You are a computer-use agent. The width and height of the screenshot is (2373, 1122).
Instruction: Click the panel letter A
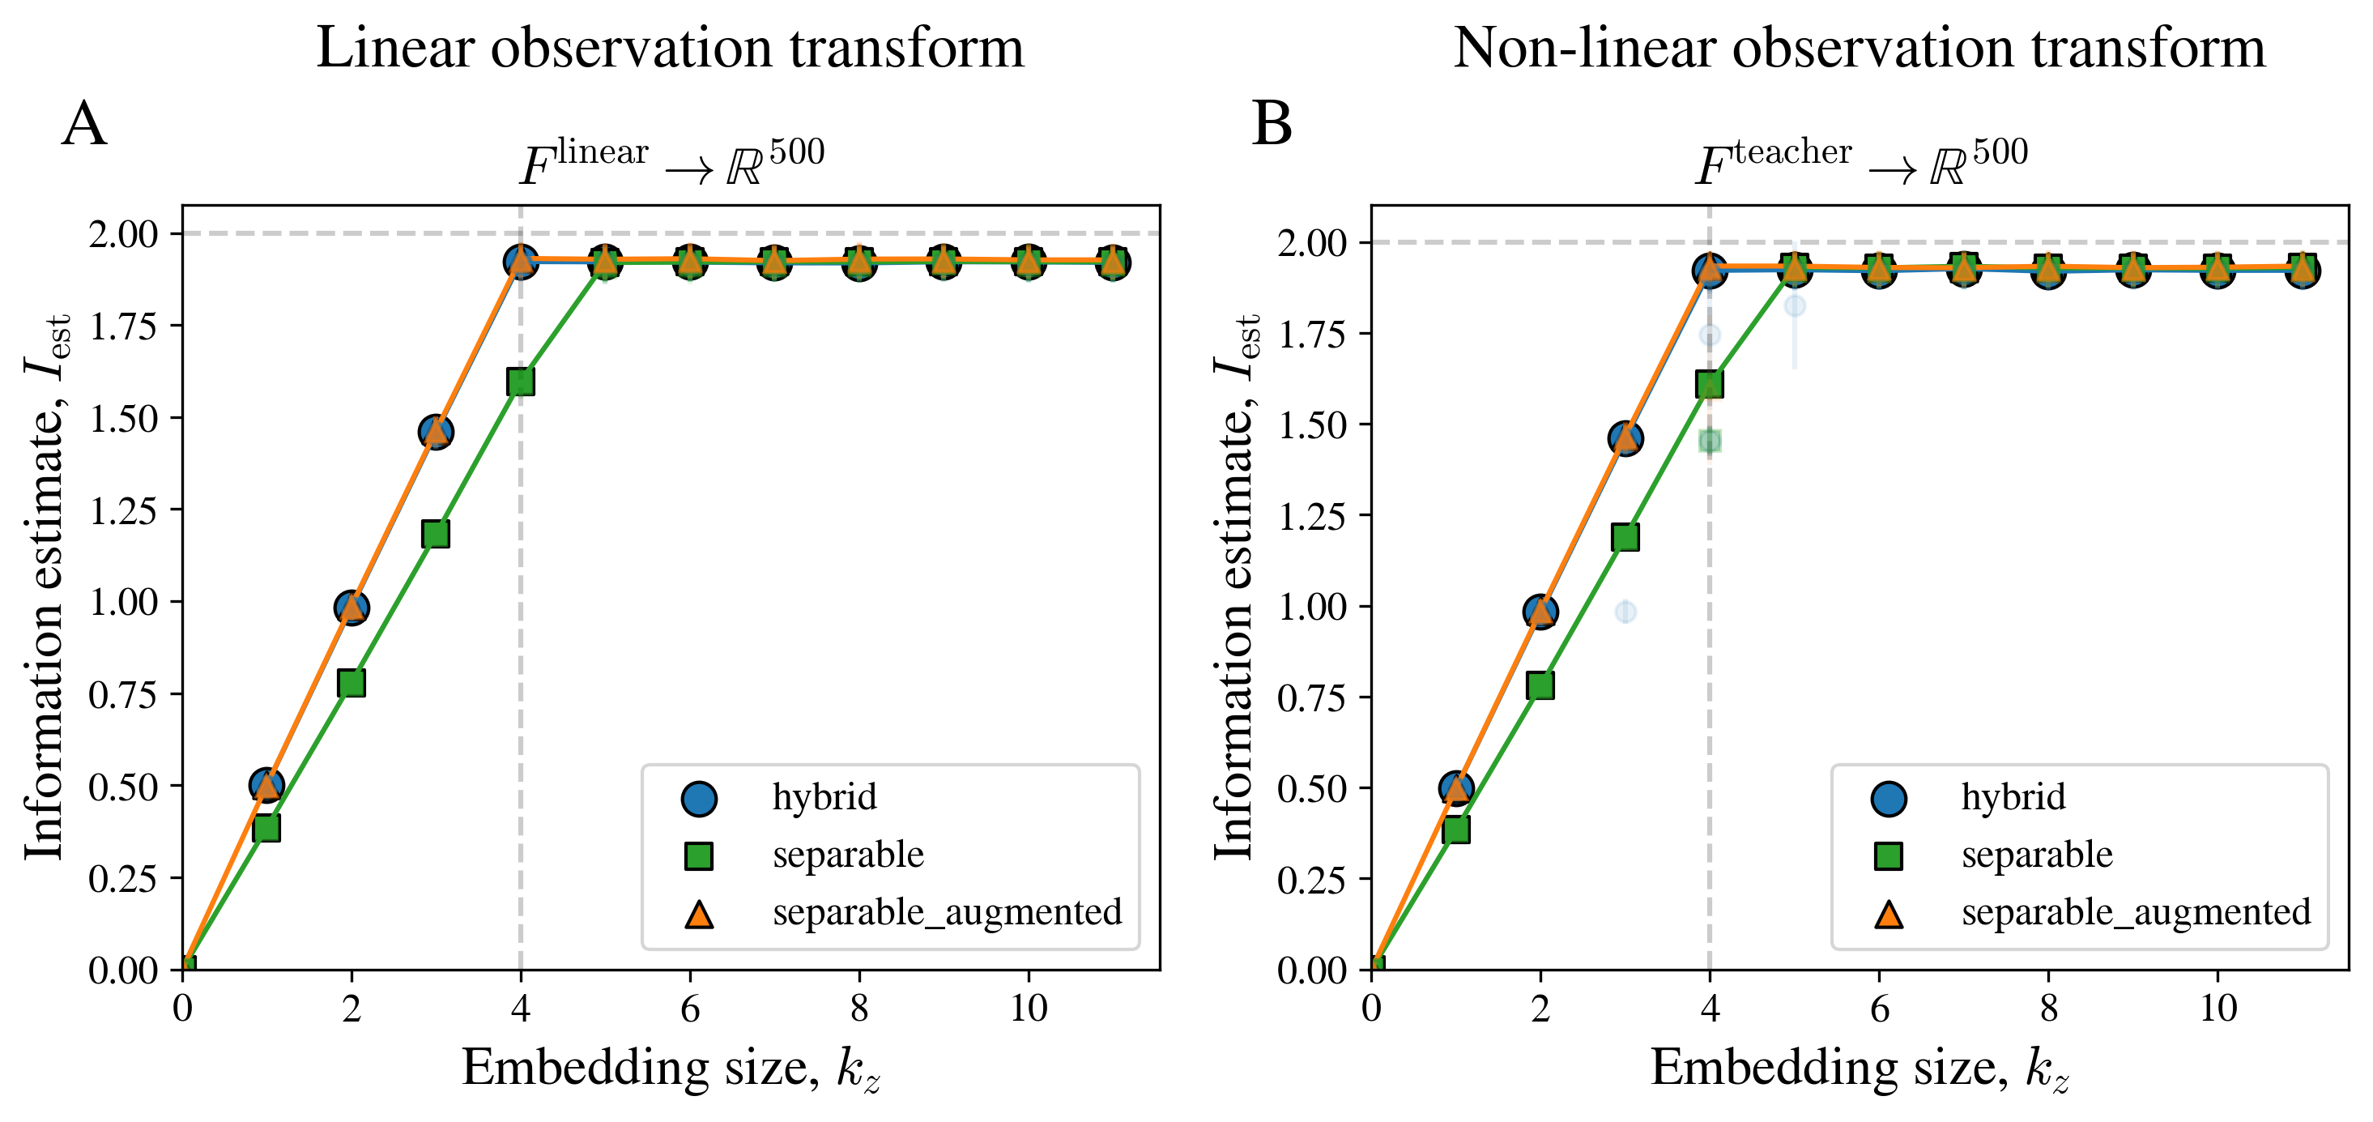(x=84, y=125)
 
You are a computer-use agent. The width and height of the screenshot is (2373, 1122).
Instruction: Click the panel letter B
(x=1272, y=125)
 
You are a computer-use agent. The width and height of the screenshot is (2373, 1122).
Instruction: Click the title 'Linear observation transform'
(x=670, y=48)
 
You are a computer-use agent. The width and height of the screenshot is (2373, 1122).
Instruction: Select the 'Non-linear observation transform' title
(x=1858, y=48)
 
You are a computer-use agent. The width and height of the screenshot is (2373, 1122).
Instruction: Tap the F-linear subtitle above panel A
(x=671, y=163)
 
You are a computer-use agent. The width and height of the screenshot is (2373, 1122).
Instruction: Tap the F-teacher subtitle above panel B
(x=1861, y=163)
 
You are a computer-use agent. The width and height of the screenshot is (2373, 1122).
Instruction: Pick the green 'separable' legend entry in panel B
(x=2036, y=855)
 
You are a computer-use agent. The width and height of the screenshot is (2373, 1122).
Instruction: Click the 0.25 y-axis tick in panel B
(x=1312, y=880)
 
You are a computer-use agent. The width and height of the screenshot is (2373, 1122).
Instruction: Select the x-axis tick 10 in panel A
(x=1028, y=1009)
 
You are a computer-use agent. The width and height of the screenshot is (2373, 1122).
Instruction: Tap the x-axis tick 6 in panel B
(x=1879, y=1009)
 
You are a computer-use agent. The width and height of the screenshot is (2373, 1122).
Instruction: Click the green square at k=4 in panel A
(x=521, y=382)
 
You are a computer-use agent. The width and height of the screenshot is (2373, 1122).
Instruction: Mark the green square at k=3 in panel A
(x=436, y=535)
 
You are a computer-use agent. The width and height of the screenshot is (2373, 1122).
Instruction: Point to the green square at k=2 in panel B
(x=1540, y=685)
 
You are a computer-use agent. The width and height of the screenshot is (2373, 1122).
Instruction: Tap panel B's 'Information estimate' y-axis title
(x=1233, y=587)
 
